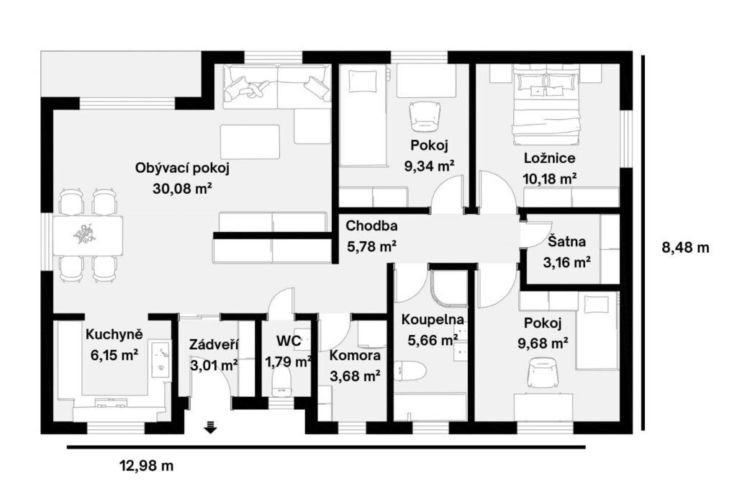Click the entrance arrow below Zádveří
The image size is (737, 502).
(x=210, y=428)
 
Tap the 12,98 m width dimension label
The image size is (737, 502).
(x=147, y=466)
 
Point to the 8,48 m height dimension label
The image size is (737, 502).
(x=685, y=248)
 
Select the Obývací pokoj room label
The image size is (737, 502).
(x=182, y=168)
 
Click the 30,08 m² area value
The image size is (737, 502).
(x=182, y=189)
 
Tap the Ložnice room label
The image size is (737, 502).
(x=549, y=158)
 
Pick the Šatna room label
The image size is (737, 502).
(x=567, y=241)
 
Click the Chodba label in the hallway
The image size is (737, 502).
(x=372, y=226)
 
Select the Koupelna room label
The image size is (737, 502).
(x=433, y=320)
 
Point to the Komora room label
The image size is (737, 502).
(x=355, y=355)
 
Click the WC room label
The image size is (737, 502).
(x=289, y=341)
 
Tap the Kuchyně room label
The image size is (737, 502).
(x=114, y=334)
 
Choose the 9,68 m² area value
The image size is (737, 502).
(x=543, y=344)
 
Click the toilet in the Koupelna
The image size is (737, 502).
(x=410, y=370)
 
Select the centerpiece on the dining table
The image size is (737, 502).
(x=86, y=234)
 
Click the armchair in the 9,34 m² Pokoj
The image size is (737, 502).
(x=425, y=117)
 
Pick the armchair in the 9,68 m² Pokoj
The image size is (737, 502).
(x=544, y=374)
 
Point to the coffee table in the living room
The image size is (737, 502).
(x=250, y=142)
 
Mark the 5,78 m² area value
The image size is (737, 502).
(x=372, y=246)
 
